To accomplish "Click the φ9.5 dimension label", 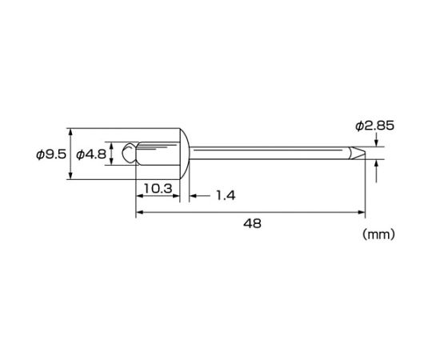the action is tap(51, 154).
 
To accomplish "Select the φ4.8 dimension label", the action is tap(91, 154).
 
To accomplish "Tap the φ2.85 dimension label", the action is tap(374, 126).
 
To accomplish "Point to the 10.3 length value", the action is tap(158, 189).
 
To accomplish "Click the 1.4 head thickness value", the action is tap(226, 195).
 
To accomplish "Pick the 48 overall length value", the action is tap(252, 223).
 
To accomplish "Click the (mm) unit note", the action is tap(378, 234).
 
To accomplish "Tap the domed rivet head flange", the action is tap(185, 154).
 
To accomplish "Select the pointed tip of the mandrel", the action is tap(358, 153).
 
